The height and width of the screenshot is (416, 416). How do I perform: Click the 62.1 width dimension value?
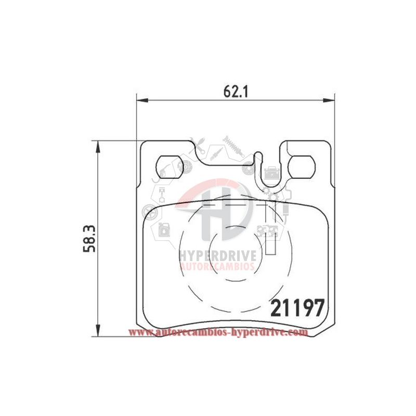pyautogui.click(x=236, y=92)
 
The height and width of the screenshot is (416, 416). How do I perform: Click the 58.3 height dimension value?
pyautogui.click(x=89, y=239)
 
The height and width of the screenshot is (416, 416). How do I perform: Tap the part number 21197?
pyautogui.click(x=297, y=308)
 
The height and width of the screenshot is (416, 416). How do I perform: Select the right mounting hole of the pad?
pyautogui.click(x=302, y=167)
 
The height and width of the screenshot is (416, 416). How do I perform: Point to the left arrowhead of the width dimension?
pyautogui.click(x=142, y=100)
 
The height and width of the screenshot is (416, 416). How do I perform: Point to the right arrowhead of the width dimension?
pyautogui.click(x=329, y=100)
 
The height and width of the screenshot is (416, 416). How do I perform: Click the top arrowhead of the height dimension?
pyautogui.click(x=98, y=147)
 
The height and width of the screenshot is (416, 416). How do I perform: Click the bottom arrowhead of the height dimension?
pyautogui.click(x=98, y=331)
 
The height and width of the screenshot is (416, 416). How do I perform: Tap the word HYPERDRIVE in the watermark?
pyautogui.click(x=218, y=256)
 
